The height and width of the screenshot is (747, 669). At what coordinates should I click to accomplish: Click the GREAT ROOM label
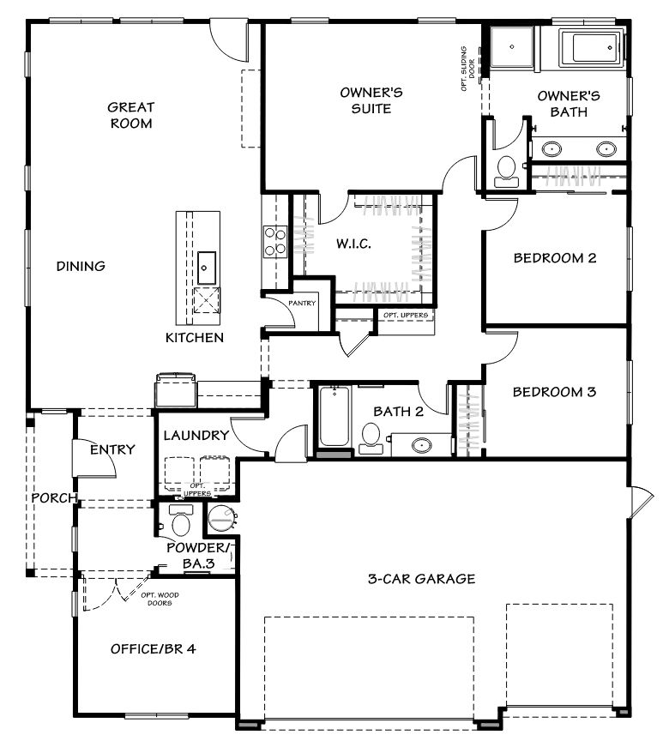(131, 115)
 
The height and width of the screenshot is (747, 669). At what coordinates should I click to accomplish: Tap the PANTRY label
(302, 303)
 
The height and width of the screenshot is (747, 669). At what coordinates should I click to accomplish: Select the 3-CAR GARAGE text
(422, 579)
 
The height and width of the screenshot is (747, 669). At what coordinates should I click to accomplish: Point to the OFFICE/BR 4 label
(153, 649)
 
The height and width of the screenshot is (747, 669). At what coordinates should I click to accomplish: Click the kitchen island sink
(207, 268)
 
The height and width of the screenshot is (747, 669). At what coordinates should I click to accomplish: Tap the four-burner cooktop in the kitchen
(275, 242)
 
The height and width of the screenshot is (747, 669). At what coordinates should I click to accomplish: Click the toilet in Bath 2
(371, 438)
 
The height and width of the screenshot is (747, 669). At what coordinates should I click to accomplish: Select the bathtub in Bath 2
(334, 416)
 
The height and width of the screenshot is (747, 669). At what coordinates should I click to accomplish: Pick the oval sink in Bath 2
(421, 445)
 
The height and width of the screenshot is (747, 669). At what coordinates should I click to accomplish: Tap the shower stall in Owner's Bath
(512, 46)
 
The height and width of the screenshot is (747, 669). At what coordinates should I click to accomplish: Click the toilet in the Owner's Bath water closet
(506, 172)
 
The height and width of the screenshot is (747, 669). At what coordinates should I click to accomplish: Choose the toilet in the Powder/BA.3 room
(181, 521)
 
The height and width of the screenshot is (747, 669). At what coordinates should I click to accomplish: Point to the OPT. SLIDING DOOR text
(467, 69)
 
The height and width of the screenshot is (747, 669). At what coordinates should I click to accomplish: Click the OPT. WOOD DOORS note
(160, 599)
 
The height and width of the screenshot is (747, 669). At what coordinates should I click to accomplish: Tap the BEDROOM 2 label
(555, 258)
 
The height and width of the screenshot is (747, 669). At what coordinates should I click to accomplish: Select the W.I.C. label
(353, 244)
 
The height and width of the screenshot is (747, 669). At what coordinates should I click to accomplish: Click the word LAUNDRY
(196, 435)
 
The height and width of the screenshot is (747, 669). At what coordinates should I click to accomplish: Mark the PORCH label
(54, 497)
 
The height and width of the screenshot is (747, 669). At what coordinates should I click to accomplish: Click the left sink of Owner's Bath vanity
(551, 149)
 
